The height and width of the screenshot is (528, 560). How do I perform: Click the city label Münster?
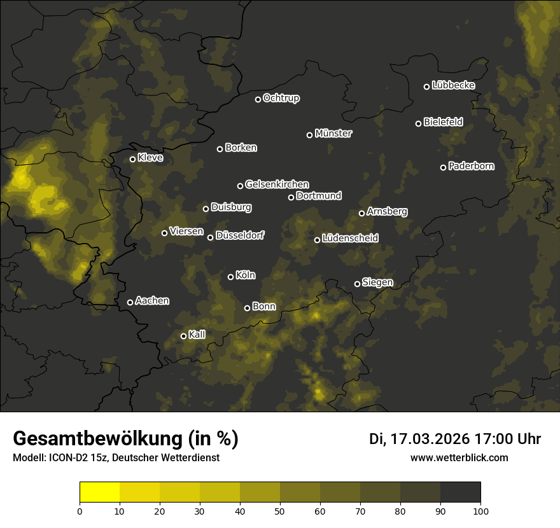tap(333, 134)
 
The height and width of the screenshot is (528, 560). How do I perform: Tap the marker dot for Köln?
tap(230, 277)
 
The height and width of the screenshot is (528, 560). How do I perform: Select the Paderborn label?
tap(472, 166)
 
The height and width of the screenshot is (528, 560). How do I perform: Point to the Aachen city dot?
tap(130, 302)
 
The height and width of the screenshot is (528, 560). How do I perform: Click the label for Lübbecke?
tap(453, 85)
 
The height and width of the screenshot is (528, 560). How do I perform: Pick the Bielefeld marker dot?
tap(418, 123)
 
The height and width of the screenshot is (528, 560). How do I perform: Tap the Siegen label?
tap(377, 282)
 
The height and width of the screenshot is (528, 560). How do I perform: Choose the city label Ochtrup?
tap(281, 98)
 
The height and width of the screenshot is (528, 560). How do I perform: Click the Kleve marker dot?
tap(132, 159)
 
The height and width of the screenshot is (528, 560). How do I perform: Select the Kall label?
tap(197, 335)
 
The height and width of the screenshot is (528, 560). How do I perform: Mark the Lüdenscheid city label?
tap(350, 239)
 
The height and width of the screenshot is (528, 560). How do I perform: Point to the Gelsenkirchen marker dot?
tap(240, 186)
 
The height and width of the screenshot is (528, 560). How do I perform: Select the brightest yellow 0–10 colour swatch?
tap(99, 492)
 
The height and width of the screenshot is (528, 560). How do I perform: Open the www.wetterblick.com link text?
tap(459, 457)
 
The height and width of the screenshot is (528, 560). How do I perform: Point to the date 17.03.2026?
tap(430, 439)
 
